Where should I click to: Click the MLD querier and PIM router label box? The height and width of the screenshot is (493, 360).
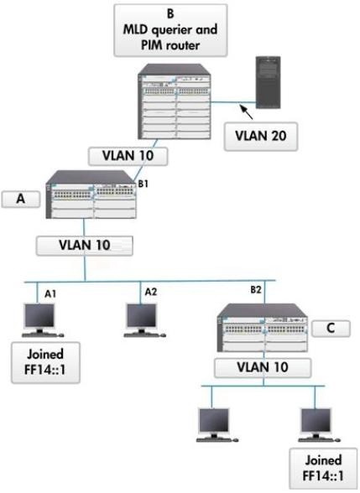[170, 30]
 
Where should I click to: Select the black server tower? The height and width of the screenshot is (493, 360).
[268, 82]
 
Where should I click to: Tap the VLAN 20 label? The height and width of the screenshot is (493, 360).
[260, 137]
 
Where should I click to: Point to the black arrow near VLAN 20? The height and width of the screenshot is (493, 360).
[247, 112]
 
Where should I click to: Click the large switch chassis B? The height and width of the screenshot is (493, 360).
[174, 101]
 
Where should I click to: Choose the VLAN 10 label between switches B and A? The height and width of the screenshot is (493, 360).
[128, 156]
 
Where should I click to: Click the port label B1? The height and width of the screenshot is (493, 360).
[143, 184]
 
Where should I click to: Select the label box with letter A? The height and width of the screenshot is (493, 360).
[21, 199]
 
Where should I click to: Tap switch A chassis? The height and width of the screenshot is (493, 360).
[91, 195]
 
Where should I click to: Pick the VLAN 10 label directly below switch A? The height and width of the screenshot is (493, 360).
[84, 246]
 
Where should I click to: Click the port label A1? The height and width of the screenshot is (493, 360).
[50, 293]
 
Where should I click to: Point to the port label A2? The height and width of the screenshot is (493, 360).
[151, 292]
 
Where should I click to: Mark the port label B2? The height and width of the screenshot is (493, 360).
[256, 289]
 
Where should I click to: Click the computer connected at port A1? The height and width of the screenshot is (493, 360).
[42, 320]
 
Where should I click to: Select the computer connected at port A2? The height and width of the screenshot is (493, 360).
[144, 320]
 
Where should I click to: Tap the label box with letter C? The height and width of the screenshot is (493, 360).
[331, 329]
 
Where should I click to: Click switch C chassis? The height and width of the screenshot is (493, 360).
[263, 328]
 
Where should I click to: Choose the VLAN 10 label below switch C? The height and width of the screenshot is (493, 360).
[263, 368]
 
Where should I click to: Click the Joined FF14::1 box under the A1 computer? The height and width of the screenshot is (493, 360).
[45, 362]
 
